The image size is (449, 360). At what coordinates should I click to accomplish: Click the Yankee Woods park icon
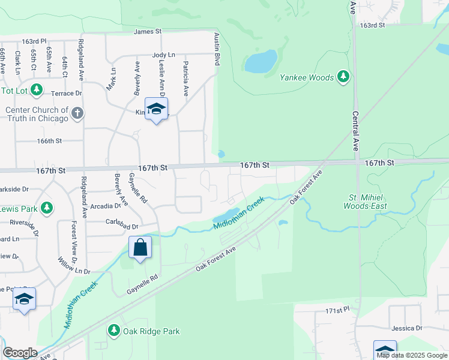[343, 77]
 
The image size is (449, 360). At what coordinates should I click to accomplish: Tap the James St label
[148, 31]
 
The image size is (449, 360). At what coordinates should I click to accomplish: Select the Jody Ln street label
[163, 55]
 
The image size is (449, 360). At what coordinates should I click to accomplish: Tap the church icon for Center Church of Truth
[77, 113]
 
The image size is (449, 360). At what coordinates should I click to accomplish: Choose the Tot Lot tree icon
[37, 90]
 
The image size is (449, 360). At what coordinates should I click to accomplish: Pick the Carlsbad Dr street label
[122, 227]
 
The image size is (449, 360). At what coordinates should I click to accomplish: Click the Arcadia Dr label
[106, 205]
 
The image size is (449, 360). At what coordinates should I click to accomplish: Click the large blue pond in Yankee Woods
[261, 61]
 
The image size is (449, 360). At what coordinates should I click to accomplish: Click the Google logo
[20, 353]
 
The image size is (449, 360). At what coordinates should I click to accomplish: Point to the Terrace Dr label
[66, 94]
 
